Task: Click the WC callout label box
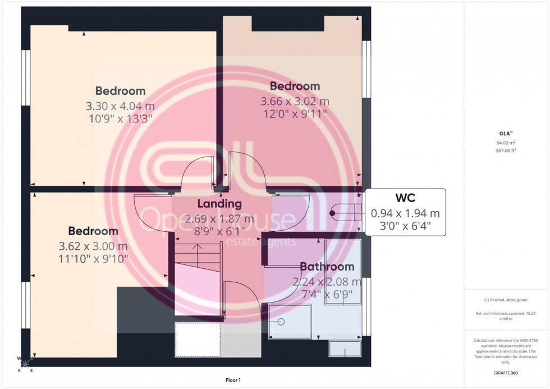[405, 213]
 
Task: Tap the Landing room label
[219, 204]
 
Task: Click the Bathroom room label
[327, 267]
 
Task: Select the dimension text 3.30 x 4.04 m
[120, 105]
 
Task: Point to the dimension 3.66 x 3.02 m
[295, 102]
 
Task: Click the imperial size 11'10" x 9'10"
[93, 259]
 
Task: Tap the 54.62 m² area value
[506, 143]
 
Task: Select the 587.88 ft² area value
[506, 150]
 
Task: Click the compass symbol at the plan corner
[25, 363]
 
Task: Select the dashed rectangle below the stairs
[197, 340]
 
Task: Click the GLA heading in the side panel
[506, 133]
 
